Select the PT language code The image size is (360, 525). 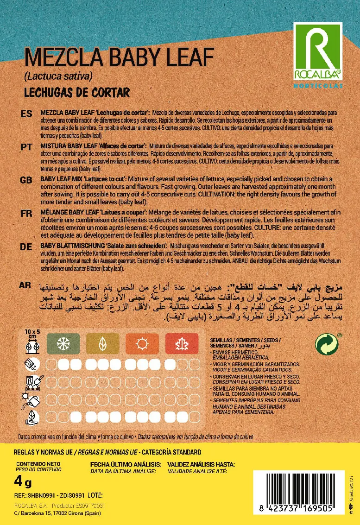point(26,146)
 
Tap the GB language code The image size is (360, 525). point(26,180)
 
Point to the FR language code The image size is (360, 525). point(26,213)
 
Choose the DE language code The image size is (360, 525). point(26,247)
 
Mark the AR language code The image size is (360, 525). point(26,285)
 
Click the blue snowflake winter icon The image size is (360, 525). point(61,343)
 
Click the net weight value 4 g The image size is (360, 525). point(23,483)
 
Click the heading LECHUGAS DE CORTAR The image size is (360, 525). point(76,92)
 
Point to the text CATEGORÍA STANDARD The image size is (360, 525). point(171,452)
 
